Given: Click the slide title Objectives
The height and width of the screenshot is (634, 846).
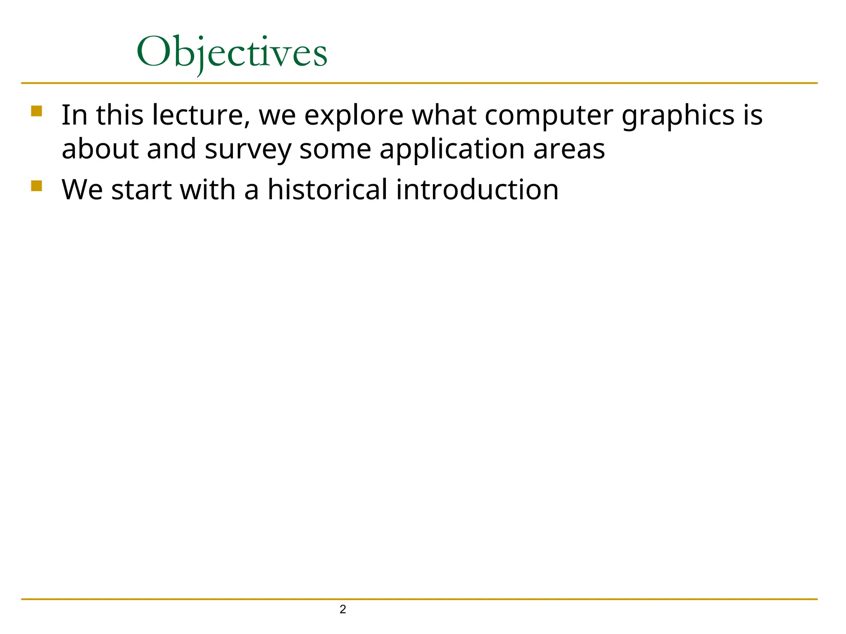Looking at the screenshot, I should (x=232, y=53).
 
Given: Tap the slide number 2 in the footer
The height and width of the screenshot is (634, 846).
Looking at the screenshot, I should (x=342, y=609).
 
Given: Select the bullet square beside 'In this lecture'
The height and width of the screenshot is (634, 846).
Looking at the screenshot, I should (x=36, y=111).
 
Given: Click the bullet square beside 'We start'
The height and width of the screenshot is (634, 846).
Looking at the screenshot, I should (x=36, y=186).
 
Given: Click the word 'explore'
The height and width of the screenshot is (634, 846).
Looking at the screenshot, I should (x=354, y=116).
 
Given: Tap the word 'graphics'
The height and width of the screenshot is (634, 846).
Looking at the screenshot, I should (x=678, y=116).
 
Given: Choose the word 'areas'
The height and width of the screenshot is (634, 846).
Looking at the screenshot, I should (x=569, y=149).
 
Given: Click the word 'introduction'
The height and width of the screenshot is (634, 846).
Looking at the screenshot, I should (x=477, y=190).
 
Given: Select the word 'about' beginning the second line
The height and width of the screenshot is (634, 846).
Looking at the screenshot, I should (x=100, y=149).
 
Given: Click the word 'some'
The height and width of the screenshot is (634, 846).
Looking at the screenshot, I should (x=335, y=149).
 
